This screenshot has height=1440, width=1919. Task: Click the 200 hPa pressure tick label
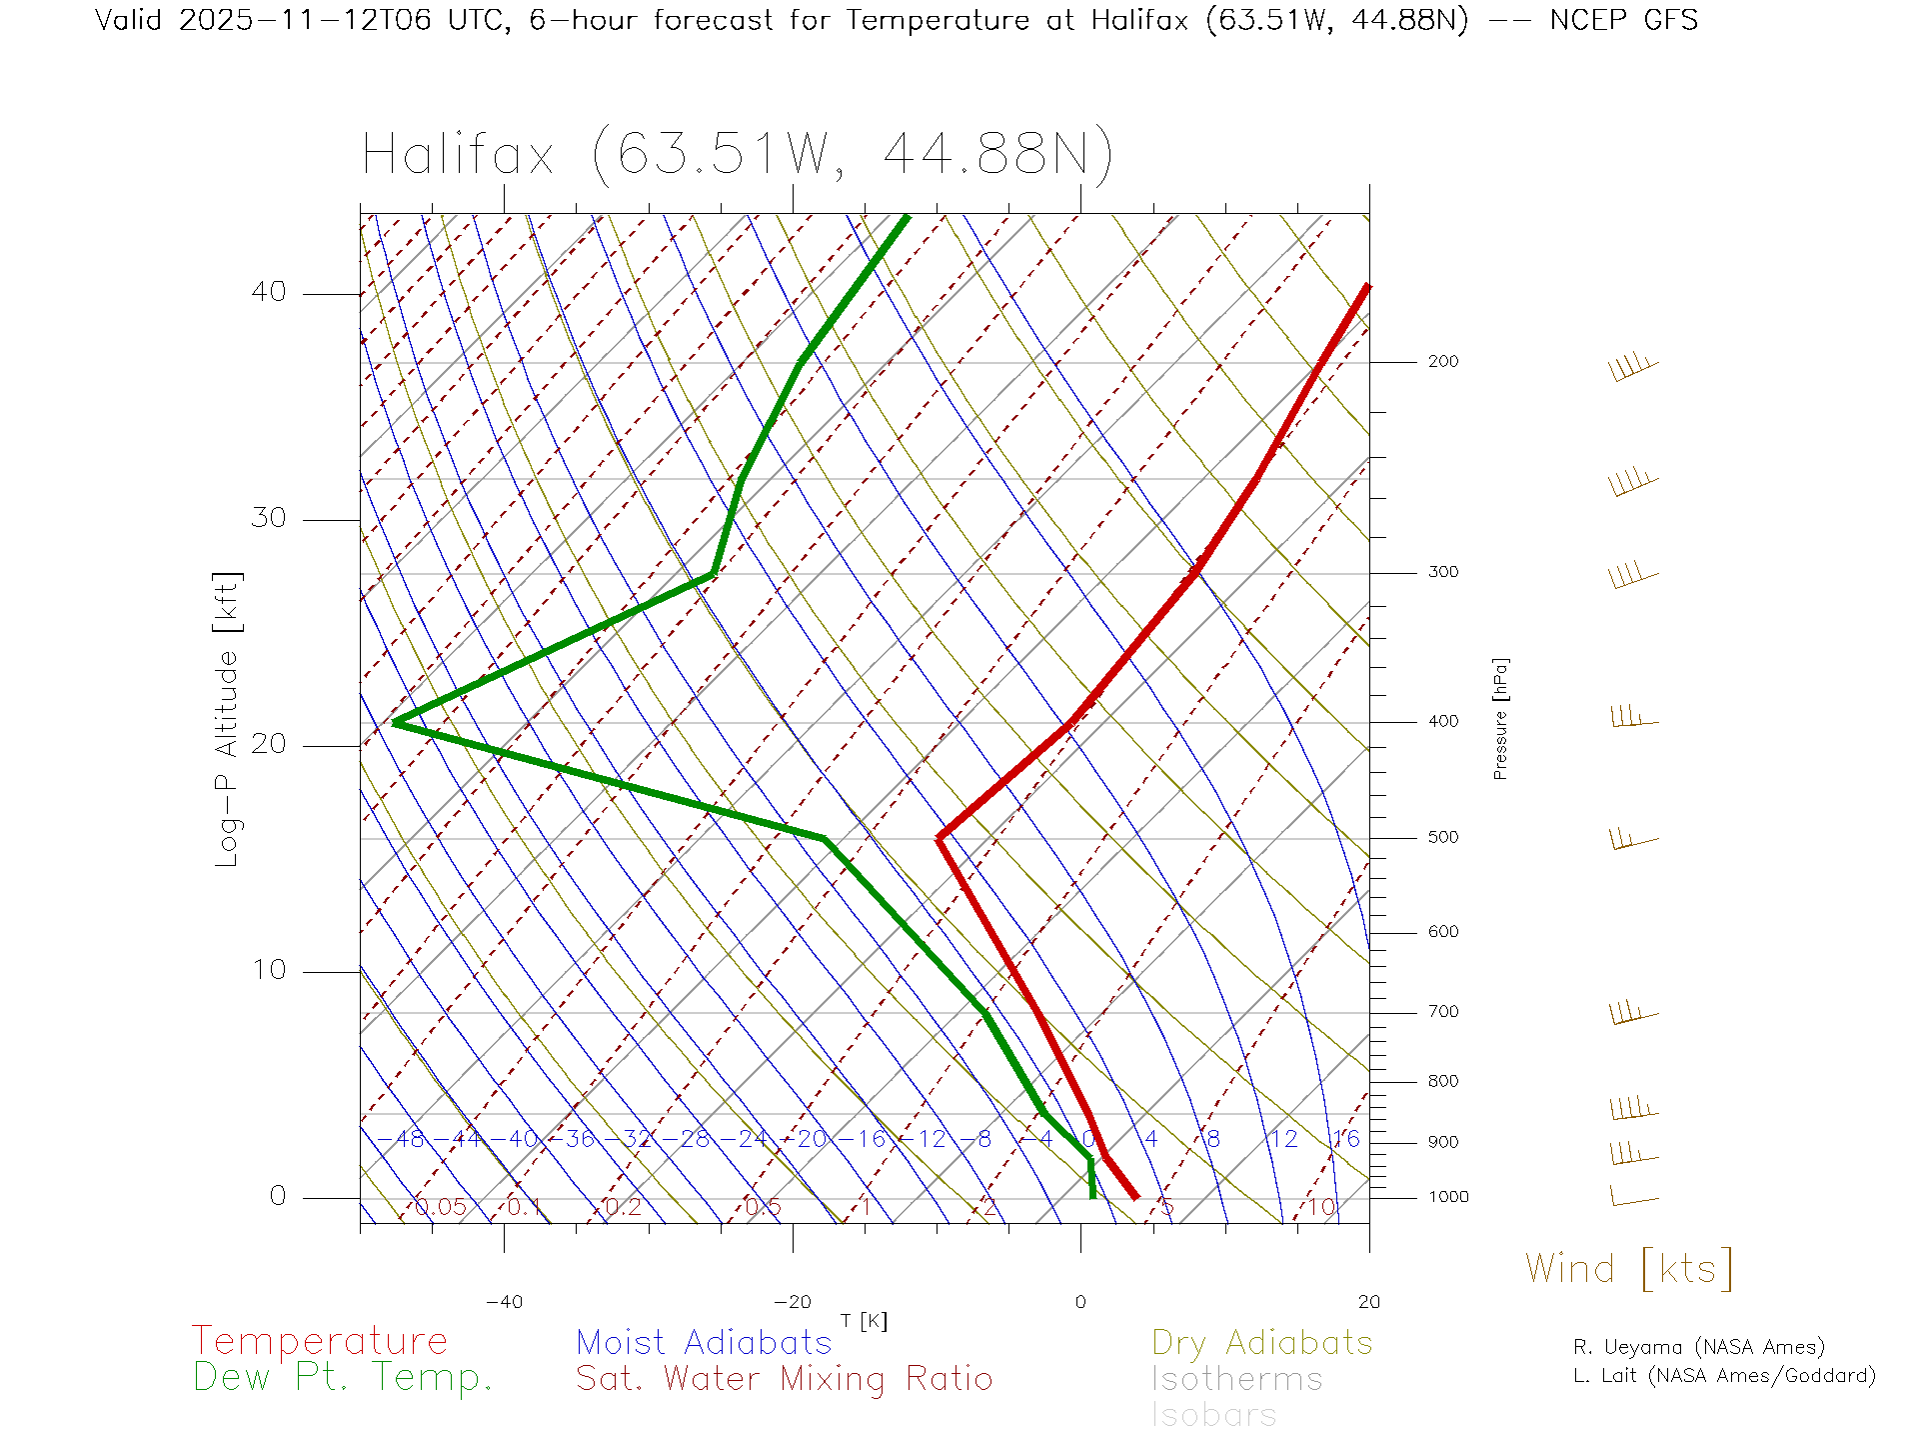1442,361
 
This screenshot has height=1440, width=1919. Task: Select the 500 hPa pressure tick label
1442,837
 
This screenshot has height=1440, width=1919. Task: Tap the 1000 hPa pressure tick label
1447,1197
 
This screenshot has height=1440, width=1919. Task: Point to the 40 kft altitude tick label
268,292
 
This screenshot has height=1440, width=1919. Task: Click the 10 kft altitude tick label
268,970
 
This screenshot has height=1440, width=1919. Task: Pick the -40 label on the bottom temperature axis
504,1302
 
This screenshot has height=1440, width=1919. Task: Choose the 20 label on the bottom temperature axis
1368,1302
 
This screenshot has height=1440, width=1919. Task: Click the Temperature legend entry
320,1341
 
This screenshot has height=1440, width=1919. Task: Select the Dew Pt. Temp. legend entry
343,1378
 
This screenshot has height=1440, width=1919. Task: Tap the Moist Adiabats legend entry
705,1342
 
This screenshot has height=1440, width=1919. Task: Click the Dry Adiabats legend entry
1262,1342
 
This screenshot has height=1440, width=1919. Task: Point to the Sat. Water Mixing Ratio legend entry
785,1379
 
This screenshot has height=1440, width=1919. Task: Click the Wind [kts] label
1629,1269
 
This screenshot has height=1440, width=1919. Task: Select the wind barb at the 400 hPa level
1633,718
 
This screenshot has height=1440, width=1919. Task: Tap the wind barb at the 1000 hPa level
1633,1197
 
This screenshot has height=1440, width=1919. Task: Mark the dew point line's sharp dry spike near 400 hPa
396,721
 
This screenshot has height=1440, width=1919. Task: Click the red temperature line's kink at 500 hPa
939,838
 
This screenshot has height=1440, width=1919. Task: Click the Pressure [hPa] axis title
1500,718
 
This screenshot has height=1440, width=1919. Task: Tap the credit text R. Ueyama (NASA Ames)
1699,1347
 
